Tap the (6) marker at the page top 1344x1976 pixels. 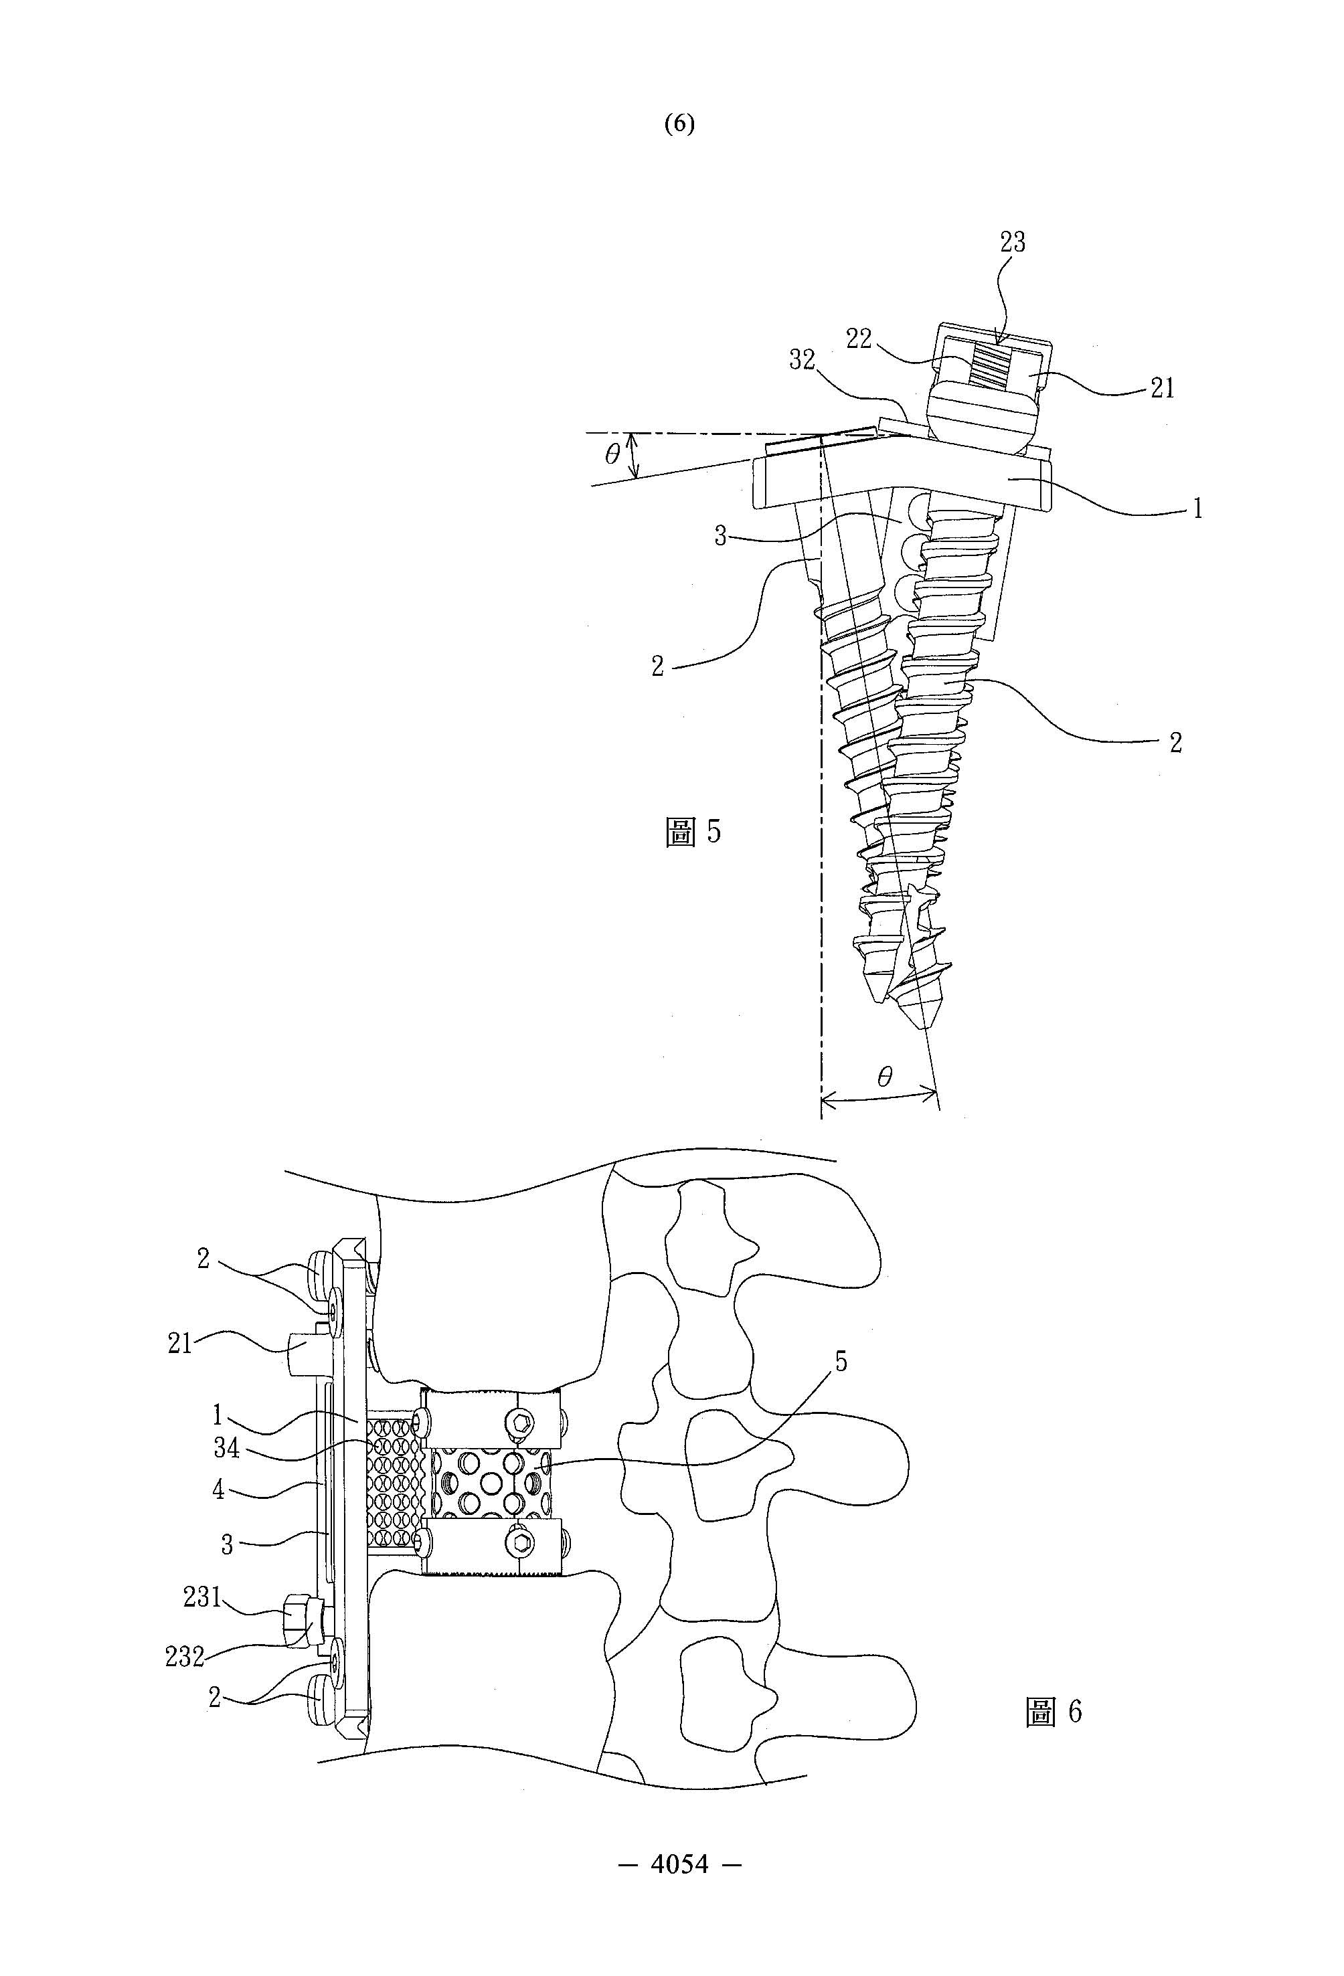679,124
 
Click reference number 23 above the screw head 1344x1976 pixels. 1012,243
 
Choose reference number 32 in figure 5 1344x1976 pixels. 802,361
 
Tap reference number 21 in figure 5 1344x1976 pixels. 1162,389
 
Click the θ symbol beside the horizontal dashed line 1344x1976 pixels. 612,455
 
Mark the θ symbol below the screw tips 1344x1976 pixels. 885,1077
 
